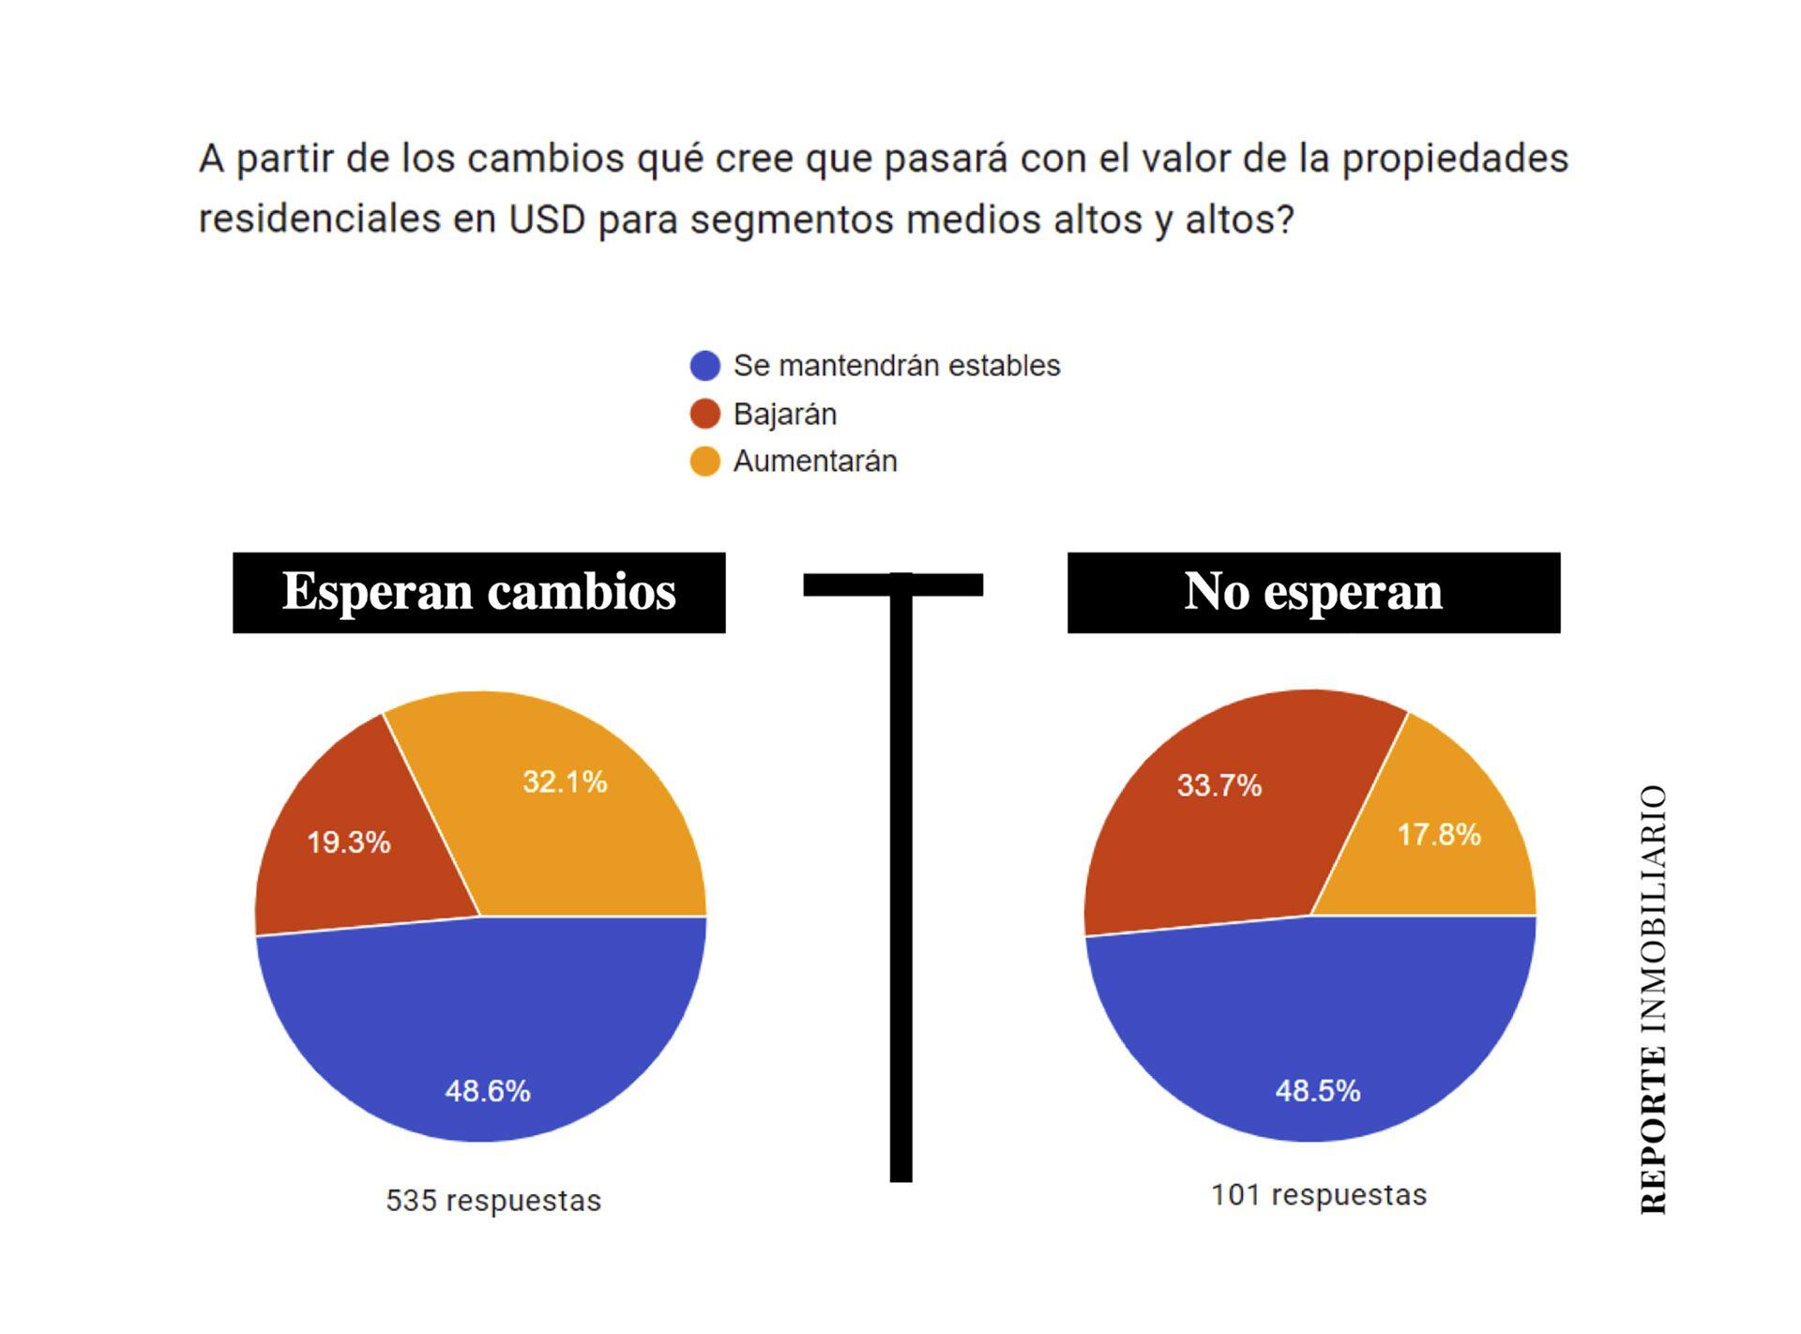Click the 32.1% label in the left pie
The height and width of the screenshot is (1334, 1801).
point(565,781)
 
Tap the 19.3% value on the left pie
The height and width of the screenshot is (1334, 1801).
point(349,842)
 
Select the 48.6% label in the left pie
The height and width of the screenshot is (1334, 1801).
point(488,1091)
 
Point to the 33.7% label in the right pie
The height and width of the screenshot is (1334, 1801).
point(1219,785)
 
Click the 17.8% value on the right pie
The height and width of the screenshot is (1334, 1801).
point(1439,834)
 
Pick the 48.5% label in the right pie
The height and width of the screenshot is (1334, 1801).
point(1318,1091)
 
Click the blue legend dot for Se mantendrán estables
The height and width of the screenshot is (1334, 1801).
point(705,366)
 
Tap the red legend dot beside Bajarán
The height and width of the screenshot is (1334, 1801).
point(705,414)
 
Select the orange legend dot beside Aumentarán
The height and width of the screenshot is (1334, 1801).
point(705,462)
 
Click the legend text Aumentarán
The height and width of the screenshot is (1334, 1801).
point(815,462)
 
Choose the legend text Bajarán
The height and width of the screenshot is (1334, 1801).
point(785,414)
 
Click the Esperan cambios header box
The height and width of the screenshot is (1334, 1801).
point(478,592)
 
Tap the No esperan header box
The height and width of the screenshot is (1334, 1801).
point(1313,592)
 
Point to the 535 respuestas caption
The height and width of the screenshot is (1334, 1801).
point(493,1201)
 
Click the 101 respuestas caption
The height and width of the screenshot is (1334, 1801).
point(1319,1195)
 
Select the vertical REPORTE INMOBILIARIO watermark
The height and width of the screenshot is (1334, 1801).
point(1653,999)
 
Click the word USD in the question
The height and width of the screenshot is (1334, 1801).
point(547,220)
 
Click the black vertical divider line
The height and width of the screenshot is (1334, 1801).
point(901,891)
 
